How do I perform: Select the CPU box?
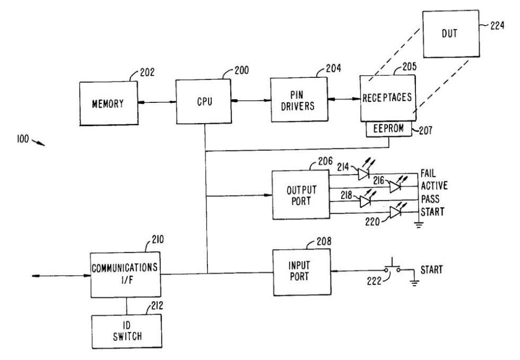click(x=204, y=102)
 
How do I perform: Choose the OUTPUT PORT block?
click(x=301, y=195)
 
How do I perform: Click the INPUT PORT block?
click(x=301, y=271)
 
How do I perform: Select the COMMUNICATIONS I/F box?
click(x=125, y=274)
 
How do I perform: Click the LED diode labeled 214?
click(x=363, y=174)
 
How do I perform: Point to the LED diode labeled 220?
click(x=395, y=213)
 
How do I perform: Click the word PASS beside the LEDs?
click(x=430, y=199)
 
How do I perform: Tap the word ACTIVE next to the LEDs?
click(x=434, y=186)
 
